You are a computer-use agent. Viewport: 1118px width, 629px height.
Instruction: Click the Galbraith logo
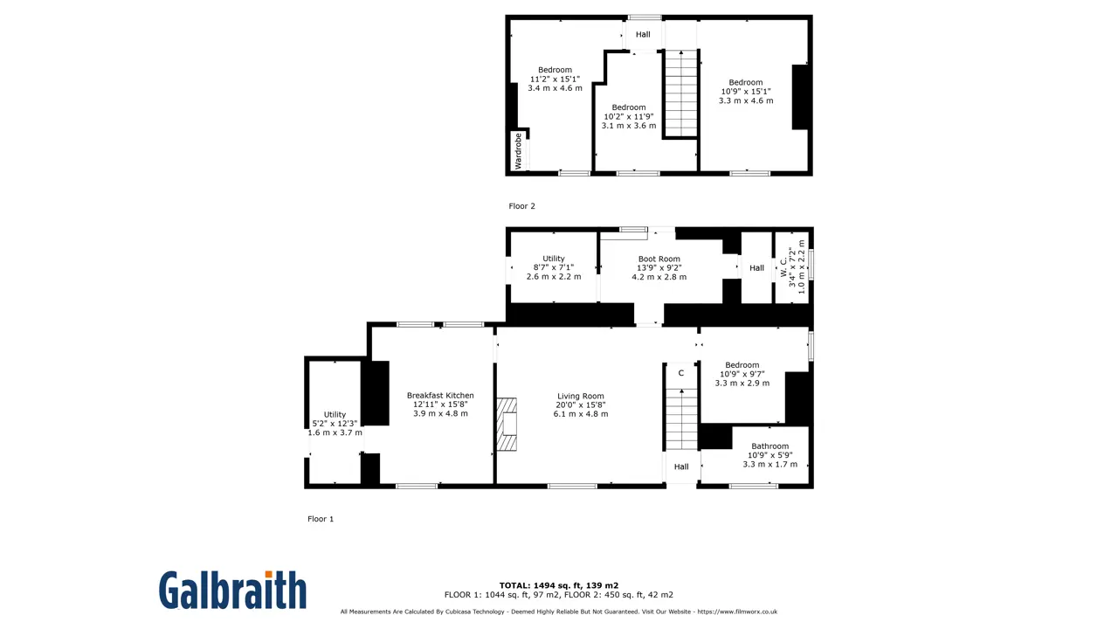coord(232,590)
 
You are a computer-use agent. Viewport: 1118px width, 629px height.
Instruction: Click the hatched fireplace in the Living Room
coord(507,425)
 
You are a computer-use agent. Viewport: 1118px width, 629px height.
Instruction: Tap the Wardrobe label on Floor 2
coord(518,151)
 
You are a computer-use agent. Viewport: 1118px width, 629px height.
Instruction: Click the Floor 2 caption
coord(521,205)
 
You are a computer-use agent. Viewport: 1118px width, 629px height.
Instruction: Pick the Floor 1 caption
coord(321,519)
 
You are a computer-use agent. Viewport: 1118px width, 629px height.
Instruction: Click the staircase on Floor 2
coord(681,93)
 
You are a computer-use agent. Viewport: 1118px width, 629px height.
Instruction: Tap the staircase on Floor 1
coord(681,419)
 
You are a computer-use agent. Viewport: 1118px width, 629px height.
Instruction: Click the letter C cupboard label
coord(680,373)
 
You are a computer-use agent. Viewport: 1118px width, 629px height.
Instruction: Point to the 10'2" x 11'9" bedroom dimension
coord(628,116)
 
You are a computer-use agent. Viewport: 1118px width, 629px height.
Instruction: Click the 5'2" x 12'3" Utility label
coord(335,424)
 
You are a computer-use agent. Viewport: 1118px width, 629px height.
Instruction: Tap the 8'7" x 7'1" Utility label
coord(554,267)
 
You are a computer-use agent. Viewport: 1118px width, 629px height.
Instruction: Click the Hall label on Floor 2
coord(643,34)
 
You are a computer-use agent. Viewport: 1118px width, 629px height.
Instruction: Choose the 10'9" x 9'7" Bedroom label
coord(742,374)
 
